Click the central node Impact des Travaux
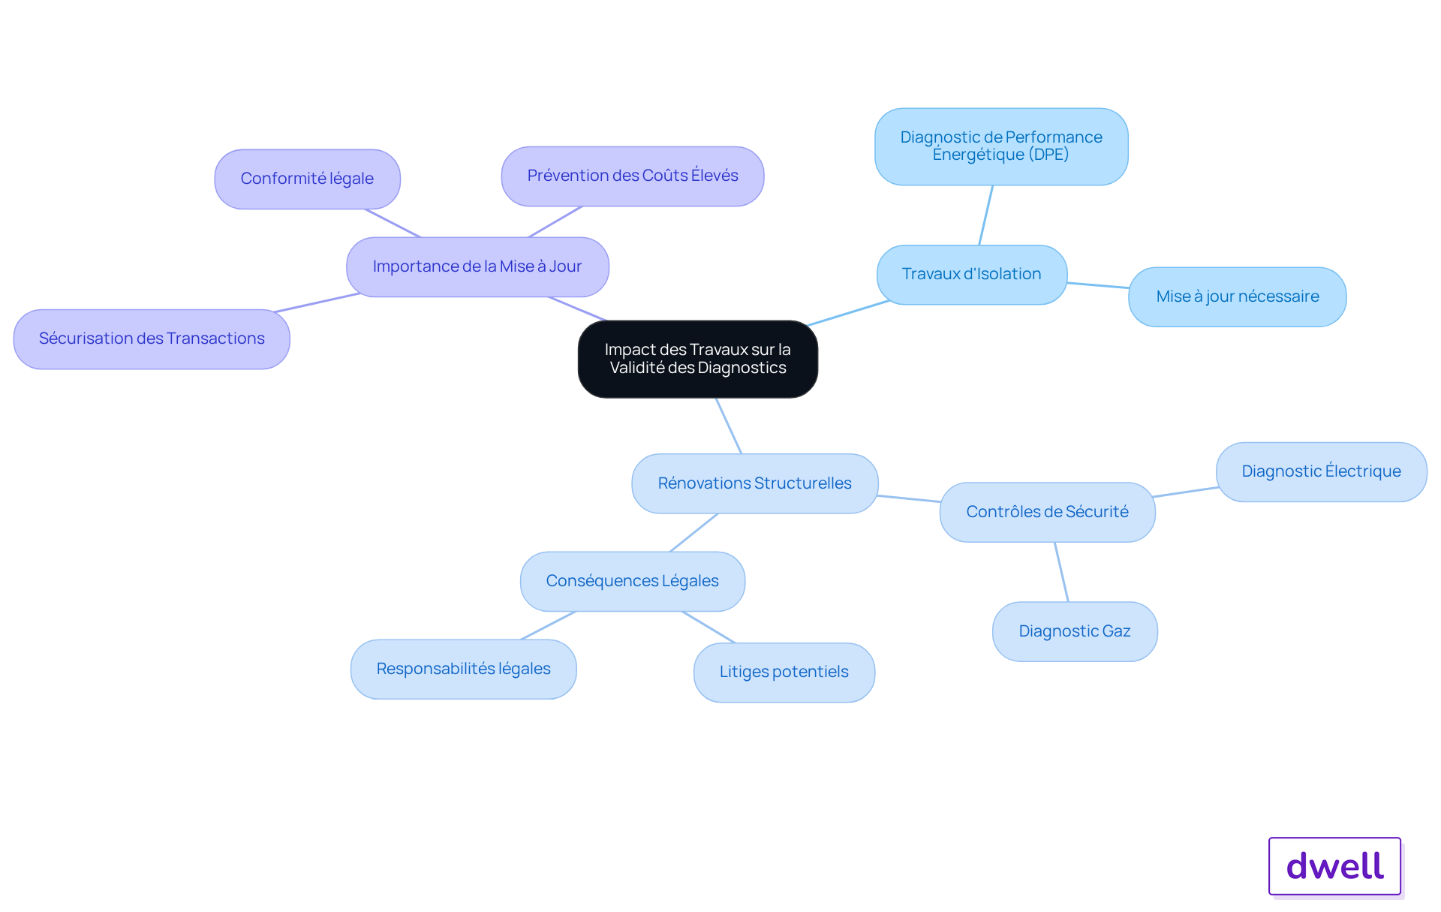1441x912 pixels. click(697, 359)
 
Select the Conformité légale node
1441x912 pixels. click(307, 179)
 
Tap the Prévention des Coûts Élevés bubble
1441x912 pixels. click(633, 176)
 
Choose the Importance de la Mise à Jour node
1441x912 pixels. click(477, 266)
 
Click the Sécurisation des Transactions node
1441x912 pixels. click(152, 339)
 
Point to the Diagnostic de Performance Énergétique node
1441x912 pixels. click(1001, 146)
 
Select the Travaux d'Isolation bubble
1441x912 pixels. click(972, 274)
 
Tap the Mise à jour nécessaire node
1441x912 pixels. click(1238, 296)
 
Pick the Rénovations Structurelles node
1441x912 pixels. click(755, 483)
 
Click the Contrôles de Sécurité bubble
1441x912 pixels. click(1048, 512)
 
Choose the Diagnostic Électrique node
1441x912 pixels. click(1322, 471)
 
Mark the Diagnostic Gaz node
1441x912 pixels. click(1075, 631)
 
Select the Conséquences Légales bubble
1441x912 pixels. click(633, 581)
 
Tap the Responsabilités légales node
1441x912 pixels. click(464, 669)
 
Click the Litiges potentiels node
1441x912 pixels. click(784, 672)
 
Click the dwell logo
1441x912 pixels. click(1335, 866)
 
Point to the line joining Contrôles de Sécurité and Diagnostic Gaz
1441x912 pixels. click(1061, 572)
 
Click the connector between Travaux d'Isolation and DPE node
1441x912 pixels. click(985, 215)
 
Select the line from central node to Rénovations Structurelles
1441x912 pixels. click(729, 426)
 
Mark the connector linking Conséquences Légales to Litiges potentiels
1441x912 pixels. click(708, 627)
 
